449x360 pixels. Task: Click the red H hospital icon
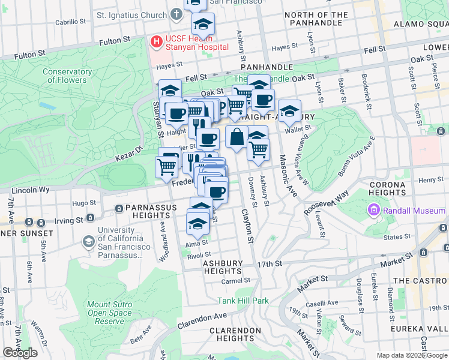click(156, 42)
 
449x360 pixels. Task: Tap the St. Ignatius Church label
click(132, 14)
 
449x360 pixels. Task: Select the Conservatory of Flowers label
click(67, 76)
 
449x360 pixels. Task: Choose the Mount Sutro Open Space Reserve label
click(109, 313)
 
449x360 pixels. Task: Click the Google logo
click(20, 353)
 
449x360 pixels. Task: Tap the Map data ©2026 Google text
click(411, 355)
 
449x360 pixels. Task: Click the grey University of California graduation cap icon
click(88, 241)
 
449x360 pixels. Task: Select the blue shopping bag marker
click(237, 136)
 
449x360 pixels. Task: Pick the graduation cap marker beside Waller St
click(289, 110)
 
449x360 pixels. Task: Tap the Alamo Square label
click(421, 24)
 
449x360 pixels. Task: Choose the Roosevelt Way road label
click(326, 203)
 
